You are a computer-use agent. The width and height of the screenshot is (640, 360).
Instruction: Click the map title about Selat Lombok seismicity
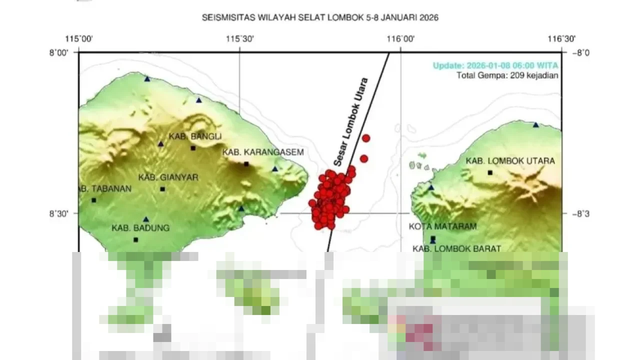tap(320, 17)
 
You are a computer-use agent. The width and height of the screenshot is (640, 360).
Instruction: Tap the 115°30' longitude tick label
tap(239, 39)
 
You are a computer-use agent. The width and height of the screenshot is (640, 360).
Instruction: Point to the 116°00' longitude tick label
tap(400, 39)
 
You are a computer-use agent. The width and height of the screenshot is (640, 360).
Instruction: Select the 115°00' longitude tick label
tap(79, 39)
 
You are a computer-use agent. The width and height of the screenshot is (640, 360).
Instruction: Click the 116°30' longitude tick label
tap(561, 39)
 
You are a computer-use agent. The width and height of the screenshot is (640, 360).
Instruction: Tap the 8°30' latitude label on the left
tap(59, 214)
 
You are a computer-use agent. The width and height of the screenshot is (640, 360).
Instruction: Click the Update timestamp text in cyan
tap(495, 65)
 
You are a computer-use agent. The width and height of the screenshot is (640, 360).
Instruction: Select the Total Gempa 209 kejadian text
tap(507, 75)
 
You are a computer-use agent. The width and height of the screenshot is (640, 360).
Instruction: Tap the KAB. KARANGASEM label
tap(263, 152)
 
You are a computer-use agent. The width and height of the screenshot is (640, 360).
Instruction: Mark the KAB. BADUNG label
tap(140, 228)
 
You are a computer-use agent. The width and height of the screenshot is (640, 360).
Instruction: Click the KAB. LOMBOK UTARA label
tap(510, 161)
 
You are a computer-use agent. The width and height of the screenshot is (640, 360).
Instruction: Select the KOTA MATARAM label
tap(442, 226)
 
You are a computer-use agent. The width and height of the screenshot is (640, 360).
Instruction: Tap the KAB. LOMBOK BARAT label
tap(456, 248)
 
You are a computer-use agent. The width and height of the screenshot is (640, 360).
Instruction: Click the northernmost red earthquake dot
tap(366, 138)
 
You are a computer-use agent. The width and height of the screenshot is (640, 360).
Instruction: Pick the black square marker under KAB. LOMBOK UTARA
tap(490, 172)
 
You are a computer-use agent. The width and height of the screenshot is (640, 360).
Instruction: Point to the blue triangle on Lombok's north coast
tap(536, 124)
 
